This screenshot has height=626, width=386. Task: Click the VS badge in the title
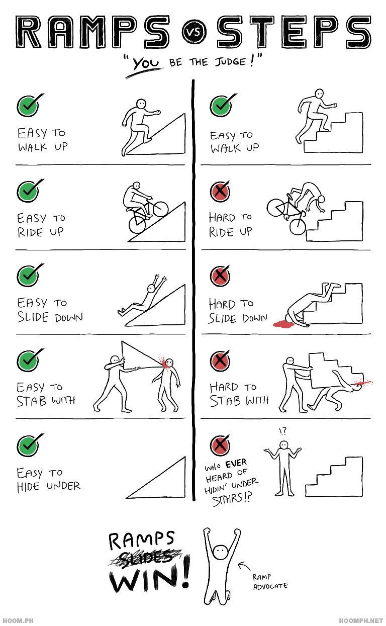pos(194,32)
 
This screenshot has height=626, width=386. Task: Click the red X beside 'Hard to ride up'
pos(220,191)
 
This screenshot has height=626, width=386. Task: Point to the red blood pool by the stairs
pos(283,324)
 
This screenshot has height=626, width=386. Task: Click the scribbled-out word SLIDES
pos(145,558)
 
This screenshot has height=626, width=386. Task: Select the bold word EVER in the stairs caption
pos(236,463)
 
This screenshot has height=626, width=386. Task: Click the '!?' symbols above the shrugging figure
pos(282,431)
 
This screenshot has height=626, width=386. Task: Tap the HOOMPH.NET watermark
pos(361,620)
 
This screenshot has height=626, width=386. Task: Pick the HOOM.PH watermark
pos(18,620)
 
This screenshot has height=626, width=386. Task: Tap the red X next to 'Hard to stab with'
pos(220,361)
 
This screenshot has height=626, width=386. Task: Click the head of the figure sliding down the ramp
pos(151,289)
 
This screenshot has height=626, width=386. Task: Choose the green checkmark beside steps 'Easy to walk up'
pos(222,106)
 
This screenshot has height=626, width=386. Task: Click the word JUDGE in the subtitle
pos(230,61)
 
